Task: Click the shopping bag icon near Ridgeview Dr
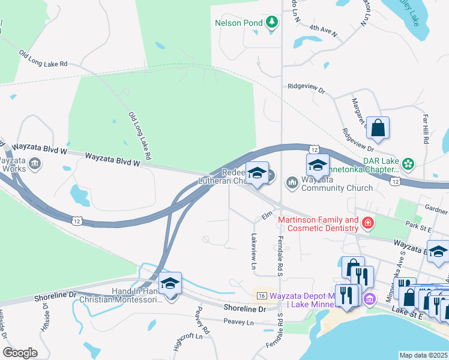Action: (378, 128)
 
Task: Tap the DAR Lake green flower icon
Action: (408, 163)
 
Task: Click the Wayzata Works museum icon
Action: (34, 163)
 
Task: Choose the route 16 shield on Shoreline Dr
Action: (261, 296)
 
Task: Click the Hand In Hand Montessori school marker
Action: (170, 283)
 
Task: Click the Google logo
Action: (20, 353)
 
